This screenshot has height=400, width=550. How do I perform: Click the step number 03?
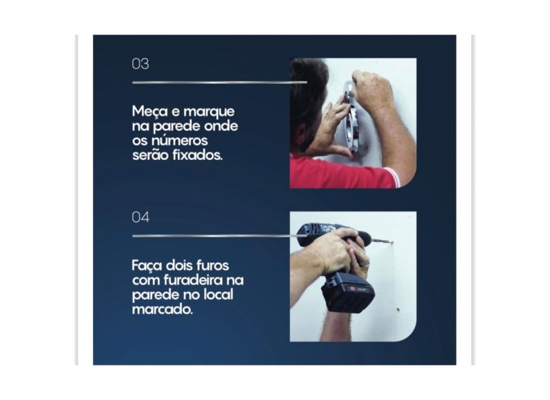click(x=140, y=64)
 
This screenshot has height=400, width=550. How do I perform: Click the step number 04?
click(x=141, y=218)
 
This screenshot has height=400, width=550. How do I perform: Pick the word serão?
click(x=148, y=155)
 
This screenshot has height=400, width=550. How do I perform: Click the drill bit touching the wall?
click(x=382, y=240)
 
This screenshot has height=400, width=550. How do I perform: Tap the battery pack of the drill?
click(x=347, y=292)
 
